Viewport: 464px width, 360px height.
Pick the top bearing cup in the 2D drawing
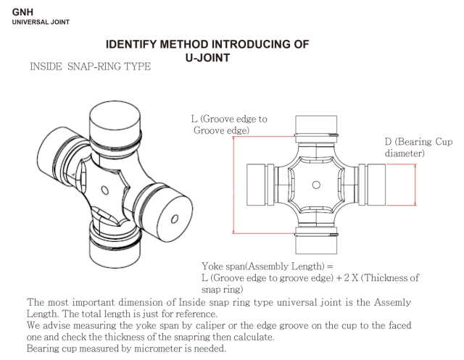pos(317,122)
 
